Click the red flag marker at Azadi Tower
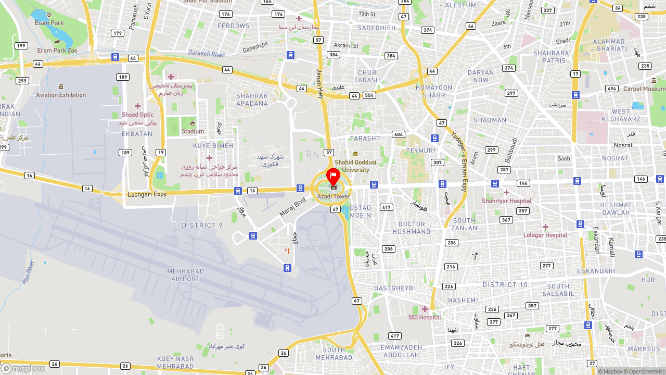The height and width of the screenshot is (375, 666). coord(333,176)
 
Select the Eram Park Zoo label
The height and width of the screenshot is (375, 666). coord(57,51)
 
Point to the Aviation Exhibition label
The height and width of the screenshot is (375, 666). coord(61,95)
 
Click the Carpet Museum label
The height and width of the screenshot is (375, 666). coord(644,89)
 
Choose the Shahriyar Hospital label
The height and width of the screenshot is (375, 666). coord(506,201)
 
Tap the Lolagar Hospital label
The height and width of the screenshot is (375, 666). coord(545,235)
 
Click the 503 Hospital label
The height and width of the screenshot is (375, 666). coord(425,317)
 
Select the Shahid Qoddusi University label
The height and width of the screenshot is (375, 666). coord(356,166)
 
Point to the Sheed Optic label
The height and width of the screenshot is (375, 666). coord(137,115)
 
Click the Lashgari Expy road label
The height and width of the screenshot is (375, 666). coord(147,194)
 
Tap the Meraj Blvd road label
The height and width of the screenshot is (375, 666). coord(292,206)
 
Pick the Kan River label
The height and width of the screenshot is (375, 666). coord(28,272)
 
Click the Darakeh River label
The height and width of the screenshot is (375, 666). coord(206,54)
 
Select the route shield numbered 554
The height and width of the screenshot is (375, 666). coord(369,96)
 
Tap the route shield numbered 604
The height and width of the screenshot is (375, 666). coord(399,134)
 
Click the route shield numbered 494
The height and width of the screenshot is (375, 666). coord(612,89)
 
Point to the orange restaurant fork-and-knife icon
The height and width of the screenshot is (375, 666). coord(287,251)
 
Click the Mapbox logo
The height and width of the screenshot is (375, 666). coord(23,368)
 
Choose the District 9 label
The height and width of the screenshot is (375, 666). coord(202,226)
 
